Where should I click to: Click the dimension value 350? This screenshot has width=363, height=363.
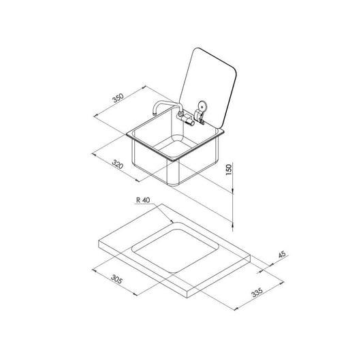[119, 98]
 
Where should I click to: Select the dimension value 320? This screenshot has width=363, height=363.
[118, 164]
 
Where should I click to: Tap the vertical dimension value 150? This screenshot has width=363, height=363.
[229, 170]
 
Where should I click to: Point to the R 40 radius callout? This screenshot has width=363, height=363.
[143, 200]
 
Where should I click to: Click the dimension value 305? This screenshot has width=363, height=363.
[116, 279]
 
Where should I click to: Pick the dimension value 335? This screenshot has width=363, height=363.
[257, 292]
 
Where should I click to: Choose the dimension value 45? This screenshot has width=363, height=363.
[282, 255]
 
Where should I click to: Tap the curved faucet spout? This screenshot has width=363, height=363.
[166, 106]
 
